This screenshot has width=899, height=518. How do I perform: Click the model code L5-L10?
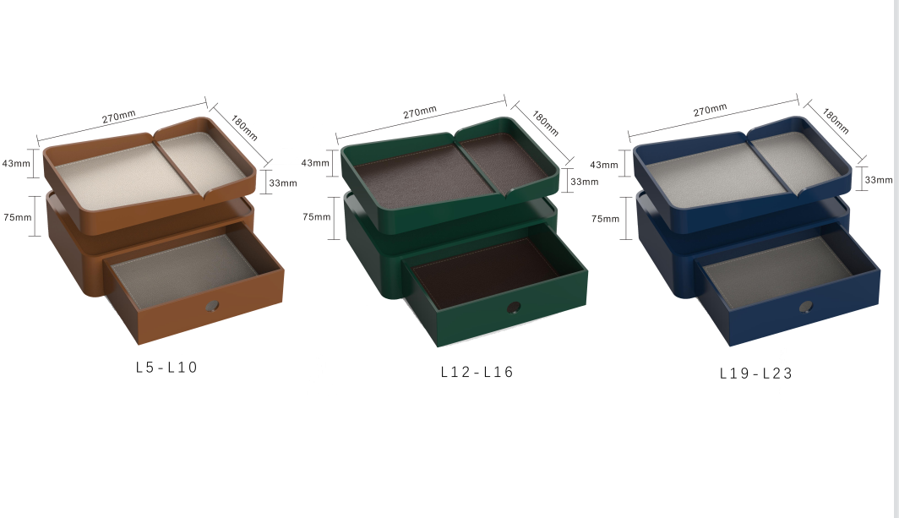(x=166, y=368)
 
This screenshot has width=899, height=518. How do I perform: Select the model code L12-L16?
(x=477, y=372)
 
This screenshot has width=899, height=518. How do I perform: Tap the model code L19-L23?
(x=756, y=373)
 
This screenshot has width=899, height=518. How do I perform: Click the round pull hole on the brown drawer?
(x=212, y=305)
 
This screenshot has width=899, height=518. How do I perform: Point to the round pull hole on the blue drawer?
(x=808, y=308)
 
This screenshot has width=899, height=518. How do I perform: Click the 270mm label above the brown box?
(x=118, y=117)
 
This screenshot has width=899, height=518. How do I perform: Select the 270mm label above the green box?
(x=419, y=112)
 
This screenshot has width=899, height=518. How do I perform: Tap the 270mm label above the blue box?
(x=710, y=111)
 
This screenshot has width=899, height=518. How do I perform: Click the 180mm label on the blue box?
(x=836, y=121)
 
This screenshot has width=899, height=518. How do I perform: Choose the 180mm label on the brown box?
(x=244, y=128)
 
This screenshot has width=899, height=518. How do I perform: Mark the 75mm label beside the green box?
(x=317, y=216)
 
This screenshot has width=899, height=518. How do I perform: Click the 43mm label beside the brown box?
(x=16, y=163)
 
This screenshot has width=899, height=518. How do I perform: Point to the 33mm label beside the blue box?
(x=878, y=179)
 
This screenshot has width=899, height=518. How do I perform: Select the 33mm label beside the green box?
(x=584, y=182)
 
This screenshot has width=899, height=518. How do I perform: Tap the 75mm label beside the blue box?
(x=605, y=219)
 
